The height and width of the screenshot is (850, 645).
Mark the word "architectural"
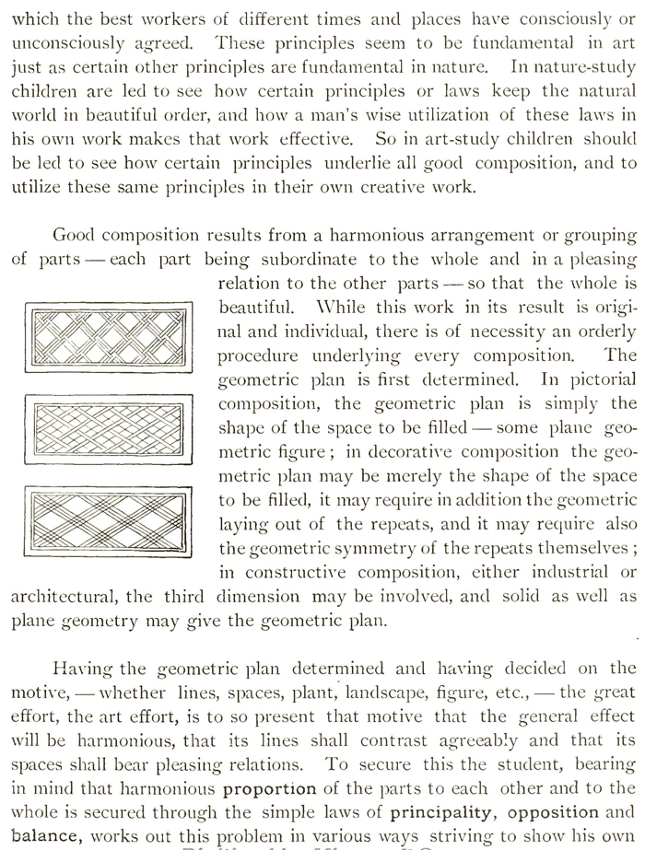click(64, 595)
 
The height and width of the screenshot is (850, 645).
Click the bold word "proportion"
click(269, 788)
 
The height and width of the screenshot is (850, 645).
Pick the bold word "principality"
click(437, 812)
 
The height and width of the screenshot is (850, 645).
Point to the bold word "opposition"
click(548, 812)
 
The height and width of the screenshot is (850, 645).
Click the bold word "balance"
click(41, 835)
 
